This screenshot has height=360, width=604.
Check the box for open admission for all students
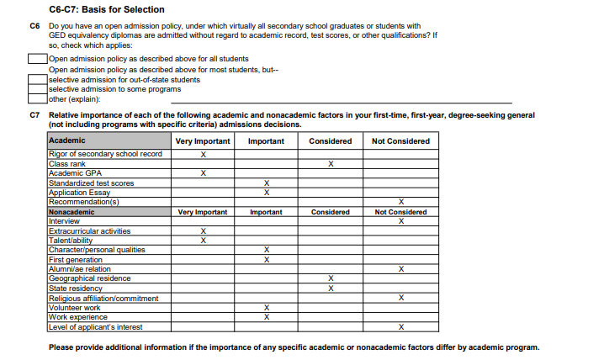click(x=37, y=59)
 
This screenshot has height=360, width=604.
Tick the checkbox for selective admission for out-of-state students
click(x=37, y=79)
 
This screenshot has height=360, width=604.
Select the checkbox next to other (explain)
click(x=37, y=99)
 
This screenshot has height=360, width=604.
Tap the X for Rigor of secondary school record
click(x=203, y=154)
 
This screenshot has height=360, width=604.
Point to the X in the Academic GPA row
click(x=203, y=172)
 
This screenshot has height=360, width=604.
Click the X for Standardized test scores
click(x=266, y=183)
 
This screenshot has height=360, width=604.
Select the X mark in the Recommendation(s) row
click(x=400, y=202)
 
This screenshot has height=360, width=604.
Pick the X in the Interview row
click(x=400, y=221)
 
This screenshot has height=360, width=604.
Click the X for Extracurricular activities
click(x=203, y=230)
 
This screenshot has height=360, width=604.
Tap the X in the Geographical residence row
click(x=331, y=278)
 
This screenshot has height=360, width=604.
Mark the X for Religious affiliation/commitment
click(x=400, y=298)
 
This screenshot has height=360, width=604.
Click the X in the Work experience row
click(x=266, y=317)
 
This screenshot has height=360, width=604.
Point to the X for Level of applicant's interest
click(x=400, y=326)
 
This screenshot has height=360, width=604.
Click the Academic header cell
click(x=67, y=140)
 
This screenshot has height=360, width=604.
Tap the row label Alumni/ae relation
click(x=79, y=269)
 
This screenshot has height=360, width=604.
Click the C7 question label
click(x=34, y=114)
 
